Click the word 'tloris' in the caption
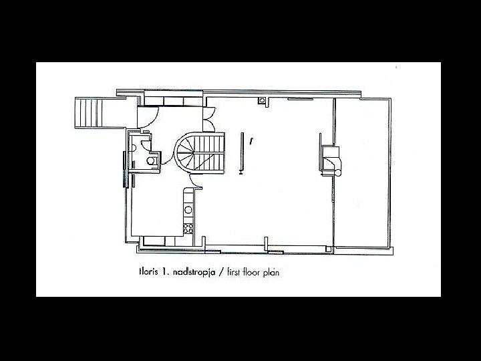(148, 273)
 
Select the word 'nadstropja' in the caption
(195, 273)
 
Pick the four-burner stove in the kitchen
(189, 228)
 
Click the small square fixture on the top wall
(263, 101)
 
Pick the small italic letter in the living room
(251, 142)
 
